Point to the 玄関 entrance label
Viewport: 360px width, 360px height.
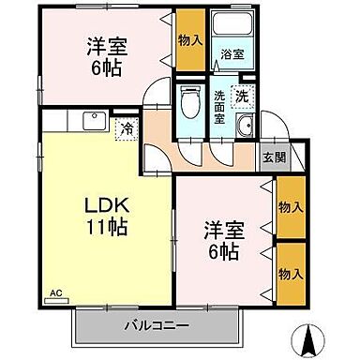pos(274,158)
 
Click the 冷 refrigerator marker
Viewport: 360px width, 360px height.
pos(126,129)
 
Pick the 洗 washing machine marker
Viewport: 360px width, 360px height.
pos(243,95)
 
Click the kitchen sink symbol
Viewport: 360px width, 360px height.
pos(93,119)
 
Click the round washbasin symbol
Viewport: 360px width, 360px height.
pos(246,129)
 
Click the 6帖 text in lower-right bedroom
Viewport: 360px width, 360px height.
pos(222,252)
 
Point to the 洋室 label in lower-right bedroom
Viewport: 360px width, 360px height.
pos(222,230)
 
